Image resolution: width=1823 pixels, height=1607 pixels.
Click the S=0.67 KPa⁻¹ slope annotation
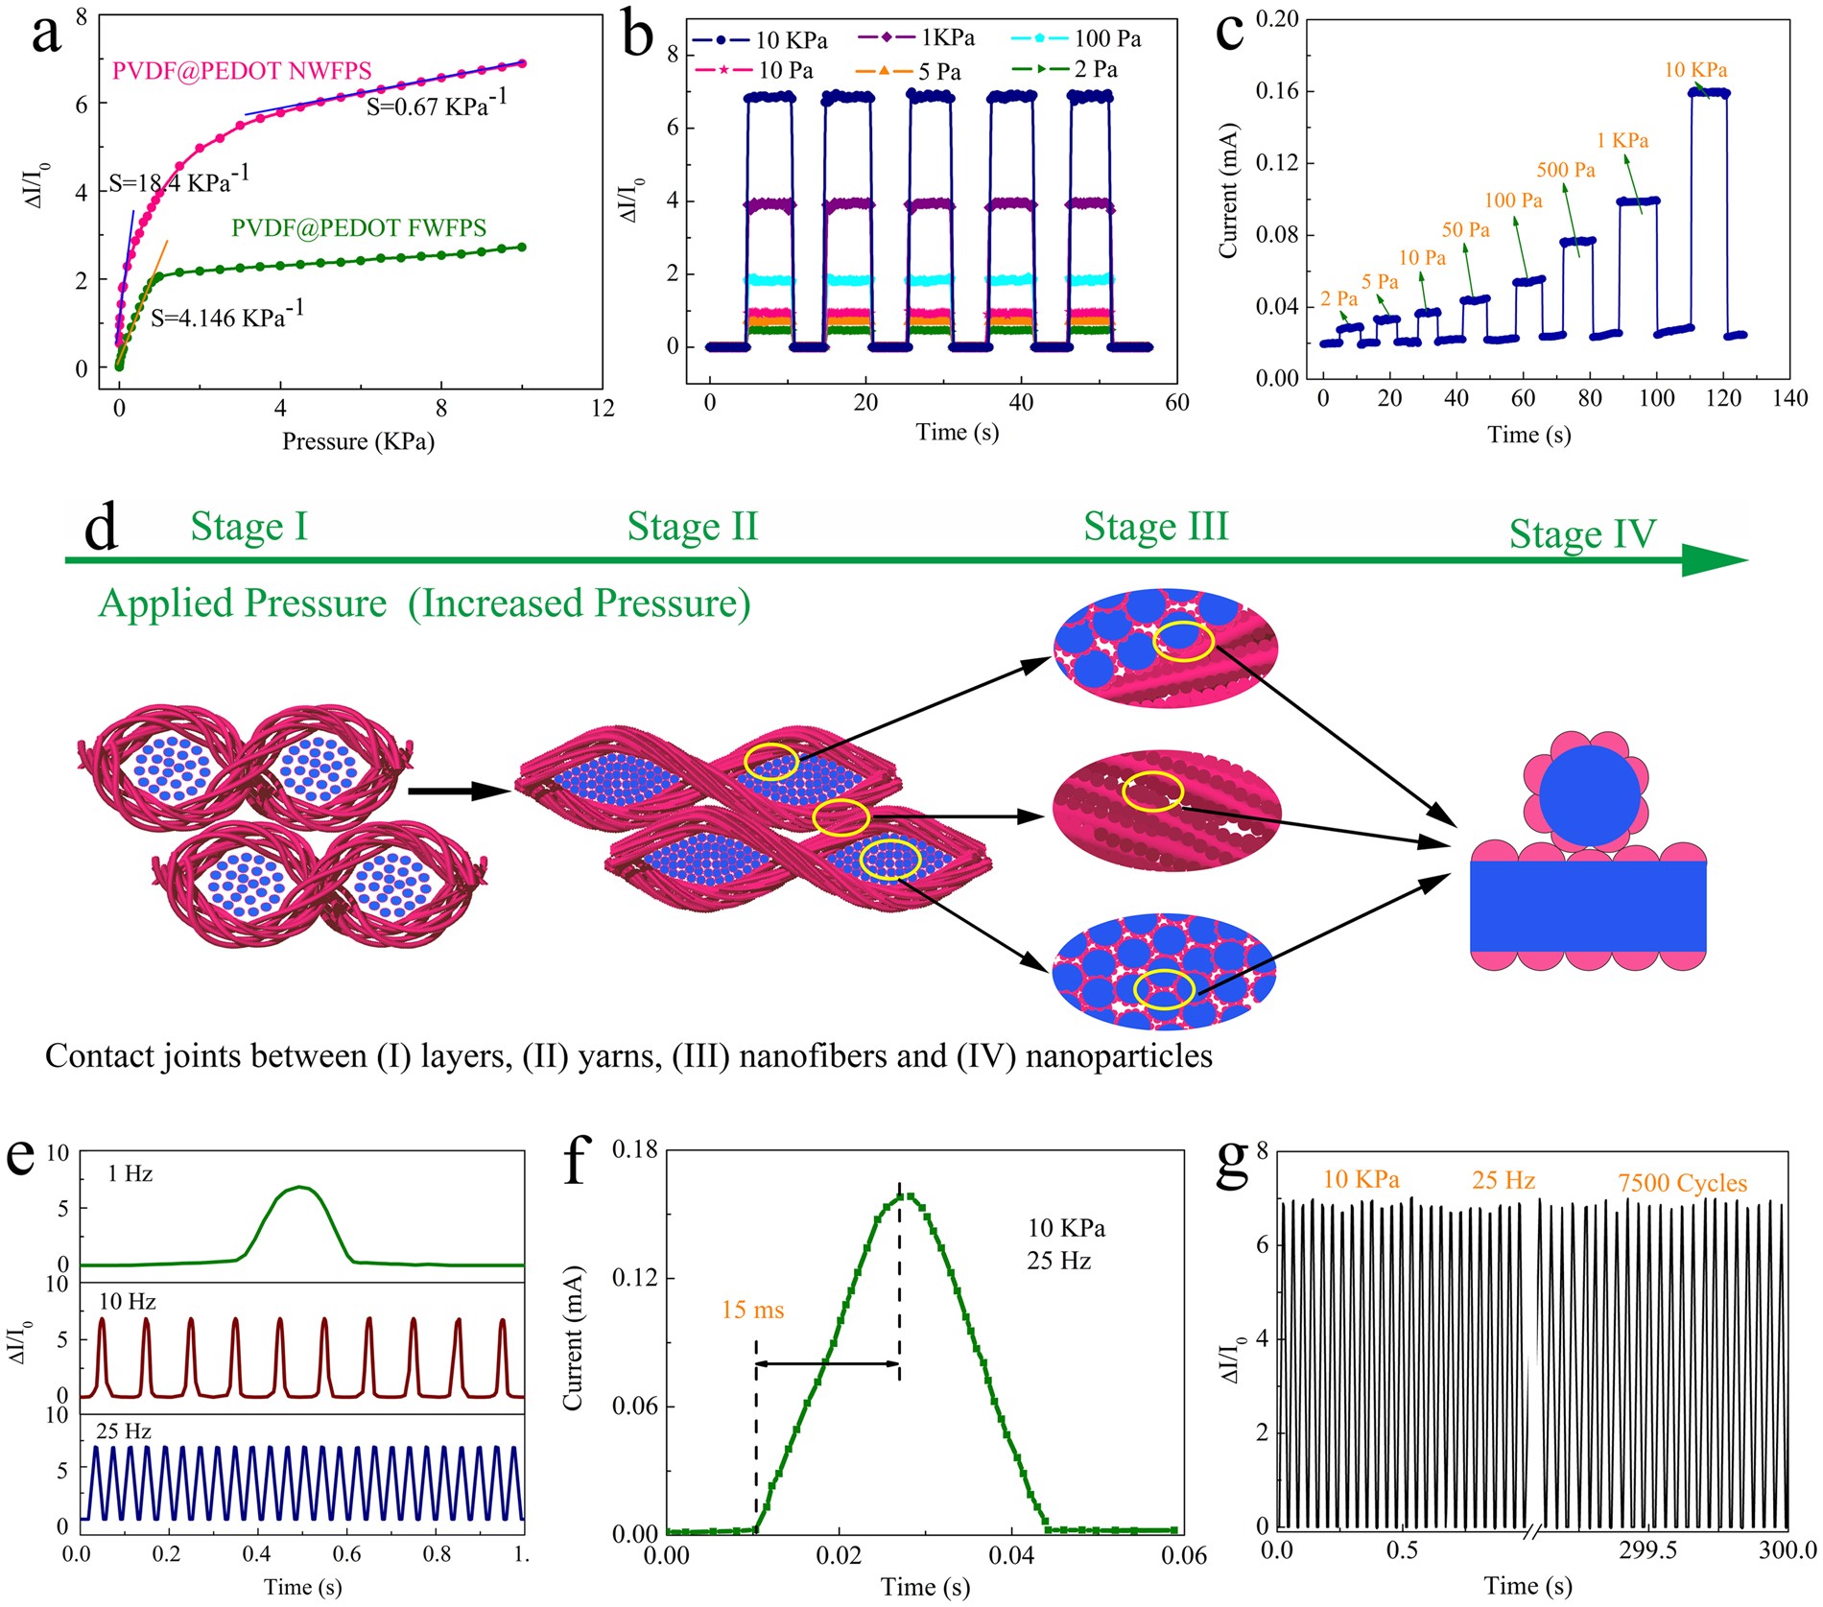[437, 105]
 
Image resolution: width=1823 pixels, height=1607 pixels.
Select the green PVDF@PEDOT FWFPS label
[359, 228]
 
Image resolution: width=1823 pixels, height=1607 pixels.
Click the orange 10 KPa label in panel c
[1695, 70]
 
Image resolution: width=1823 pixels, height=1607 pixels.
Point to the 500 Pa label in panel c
[1566, 171]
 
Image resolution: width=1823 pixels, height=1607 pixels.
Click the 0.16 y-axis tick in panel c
[1277, 91]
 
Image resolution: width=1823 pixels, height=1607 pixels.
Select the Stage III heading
[1155, 527]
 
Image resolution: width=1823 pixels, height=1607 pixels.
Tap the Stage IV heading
[1582, 534]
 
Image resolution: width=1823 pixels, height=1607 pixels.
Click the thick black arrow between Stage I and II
[457, 792]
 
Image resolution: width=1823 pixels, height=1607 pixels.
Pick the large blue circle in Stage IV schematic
[1590, 795]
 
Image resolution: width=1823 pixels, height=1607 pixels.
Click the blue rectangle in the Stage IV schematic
[1588, 906]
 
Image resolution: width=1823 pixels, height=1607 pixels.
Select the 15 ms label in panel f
[753, 1310]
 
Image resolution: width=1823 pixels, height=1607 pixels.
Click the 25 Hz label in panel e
[124, 1431]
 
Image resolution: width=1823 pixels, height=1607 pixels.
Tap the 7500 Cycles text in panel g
[1682, 1184]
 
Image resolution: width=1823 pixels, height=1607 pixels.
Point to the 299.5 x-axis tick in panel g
[1647, 1551]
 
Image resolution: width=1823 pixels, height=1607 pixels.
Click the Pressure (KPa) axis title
[358, 441]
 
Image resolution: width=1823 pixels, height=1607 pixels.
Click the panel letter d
[101, 530]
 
